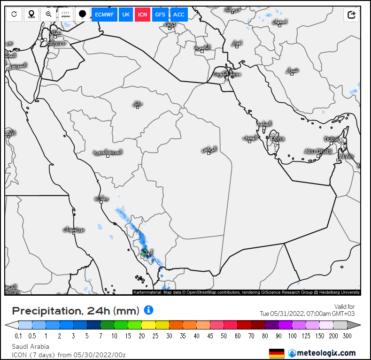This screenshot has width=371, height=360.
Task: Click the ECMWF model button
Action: pos(104,15)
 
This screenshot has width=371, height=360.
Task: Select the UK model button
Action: pos(126,15)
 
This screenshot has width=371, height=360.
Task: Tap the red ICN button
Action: pos(143,15)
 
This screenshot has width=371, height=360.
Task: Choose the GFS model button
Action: pos(160,15)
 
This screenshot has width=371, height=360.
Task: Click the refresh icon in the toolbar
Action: pos(14,15)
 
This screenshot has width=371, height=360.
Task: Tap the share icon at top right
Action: pos(351,15)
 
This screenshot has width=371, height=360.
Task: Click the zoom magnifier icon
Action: pos(48,15)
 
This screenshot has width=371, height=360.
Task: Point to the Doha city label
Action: pos(278,138)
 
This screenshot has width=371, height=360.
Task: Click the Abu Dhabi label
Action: pos(318,151)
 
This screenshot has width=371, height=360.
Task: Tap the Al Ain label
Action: pos(346,157)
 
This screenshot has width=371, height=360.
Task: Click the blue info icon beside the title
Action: pos(149,310)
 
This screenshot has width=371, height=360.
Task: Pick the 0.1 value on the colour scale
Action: pos(18,336)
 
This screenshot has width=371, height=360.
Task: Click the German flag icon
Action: pos(277,353)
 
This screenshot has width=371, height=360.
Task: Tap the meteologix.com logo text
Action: pos(326,353)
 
